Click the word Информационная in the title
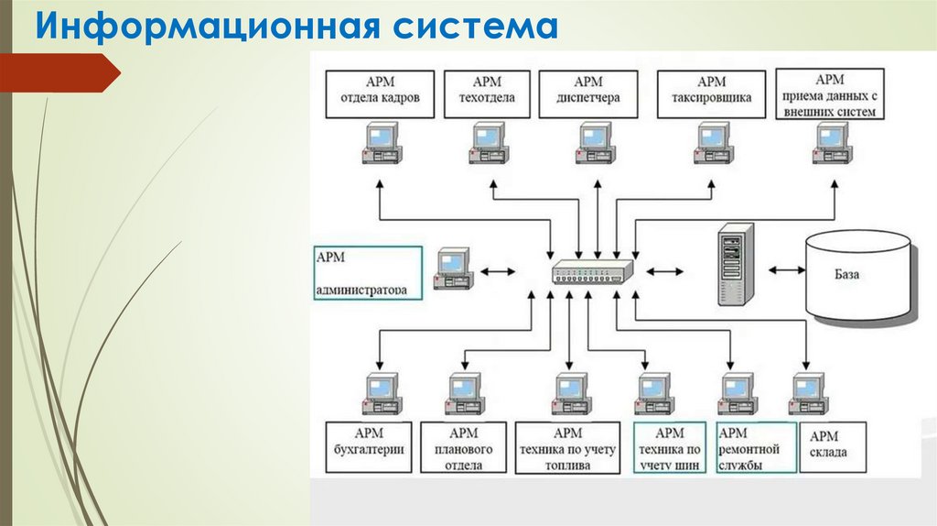[208, 27]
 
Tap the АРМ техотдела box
[487, 94]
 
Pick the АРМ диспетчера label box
[588, 94]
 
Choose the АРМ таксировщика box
[711, 94]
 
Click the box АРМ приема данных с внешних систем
[829, 94]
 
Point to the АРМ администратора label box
[368, 273]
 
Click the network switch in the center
[592, 271]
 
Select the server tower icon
[736, 263]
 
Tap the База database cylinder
[858, 276]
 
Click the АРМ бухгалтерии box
[369, 447]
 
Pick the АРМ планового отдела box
[463, 447]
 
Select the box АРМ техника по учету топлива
[567, 447]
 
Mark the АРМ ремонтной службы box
[757, 447]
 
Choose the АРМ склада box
[833, 447]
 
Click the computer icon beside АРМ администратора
[454, 268]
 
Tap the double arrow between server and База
[787, 270]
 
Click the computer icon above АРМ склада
[809, 394]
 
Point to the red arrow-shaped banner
[59, 73]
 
